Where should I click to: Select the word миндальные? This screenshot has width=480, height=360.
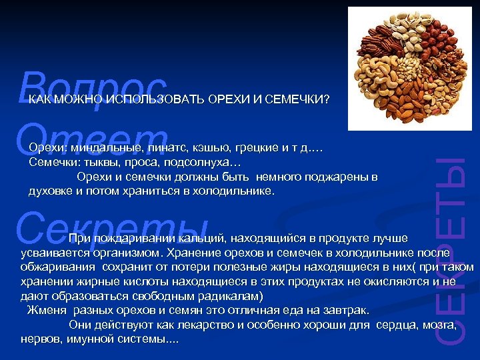coord(103,147)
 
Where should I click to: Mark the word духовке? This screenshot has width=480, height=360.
coord(49,191)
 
